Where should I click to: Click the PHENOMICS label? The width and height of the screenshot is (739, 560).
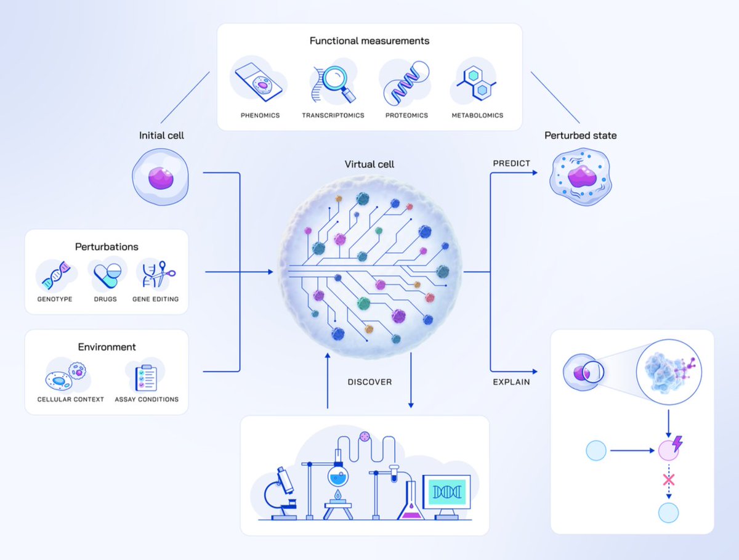(x=260, y=115)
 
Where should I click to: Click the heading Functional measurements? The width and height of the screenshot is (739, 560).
(x=369, y=41)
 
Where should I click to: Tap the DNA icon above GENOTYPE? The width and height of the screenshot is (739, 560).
(x=55, y=275)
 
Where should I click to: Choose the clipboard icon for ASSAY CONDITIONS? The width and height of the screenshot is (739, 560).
(x=146, y=377)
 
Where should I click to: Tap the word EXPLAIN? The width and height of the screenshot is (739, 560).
(x=512, y=382)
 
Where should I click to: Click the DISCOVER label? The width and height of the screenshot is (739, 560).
(x=369, y=382)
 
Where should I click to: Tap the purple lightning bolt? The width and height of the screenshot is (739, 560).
(x=677, y=444)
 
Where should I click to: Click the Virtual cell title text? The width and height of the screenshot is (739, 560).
(x=369, y=164)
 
